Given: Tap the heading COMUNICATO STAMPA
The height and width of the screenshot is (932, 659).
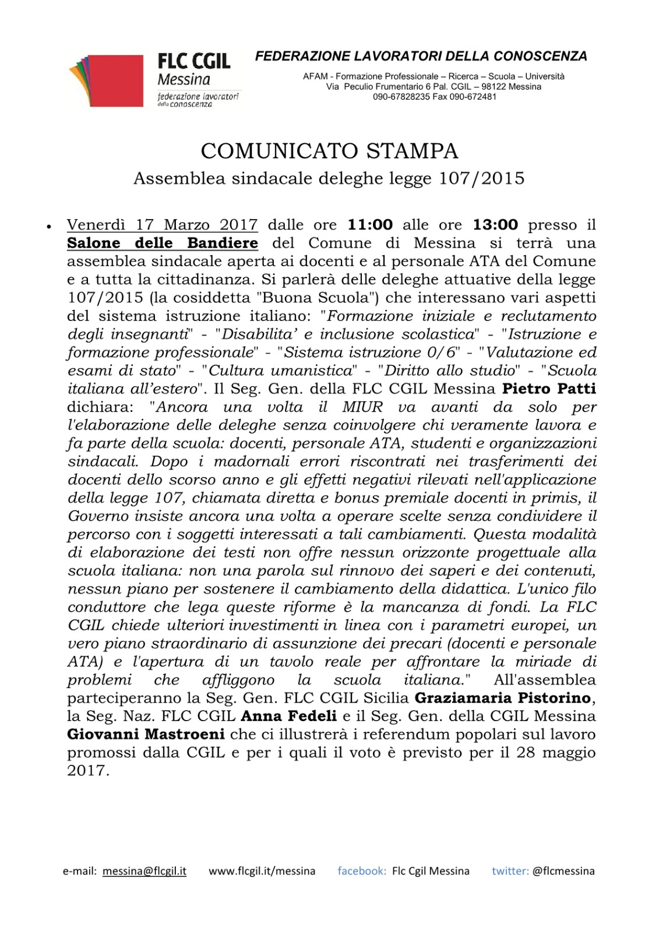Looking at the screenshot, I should tap(329, 151).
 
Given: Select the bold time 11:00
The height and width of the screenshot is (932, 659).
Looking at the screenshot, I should tap(370, 225).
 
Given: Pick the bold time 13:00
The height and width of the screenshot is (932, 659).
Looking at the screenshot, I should tap(495, 225).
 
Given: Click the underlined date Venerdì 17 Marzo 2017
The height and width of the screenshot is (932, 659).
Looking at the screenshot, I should tap(162, 225).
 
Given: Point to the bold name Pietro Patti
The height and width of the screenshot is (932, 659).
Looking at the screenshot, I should tap(549, 389).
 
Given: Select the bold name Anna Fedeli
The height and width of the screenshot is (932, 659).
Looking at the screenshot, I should tap(289, 716).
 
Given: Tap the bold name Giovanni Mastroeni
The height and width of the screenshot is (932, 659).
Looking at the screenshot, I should tap(146, 734).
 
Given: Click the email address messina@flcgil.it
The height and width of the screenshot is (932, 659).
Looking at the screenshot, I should tap(145, 871).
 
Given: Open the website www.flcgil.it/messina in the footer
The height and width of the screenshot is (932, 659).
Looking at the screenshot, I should tap(262, 871).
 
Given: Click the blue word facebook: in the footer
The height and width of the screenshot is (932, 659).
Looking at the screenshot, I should tap(361, 871).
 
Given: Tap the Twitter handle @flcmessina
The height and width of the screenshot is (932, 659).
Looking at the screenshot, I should tap(563, 871).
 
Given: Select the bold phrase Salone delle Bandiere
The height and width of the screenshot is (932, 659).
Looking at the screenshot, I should tap(163, 243).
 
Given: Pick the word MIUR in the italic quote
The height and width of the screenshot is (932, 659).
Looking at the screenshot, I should tap(362, 407).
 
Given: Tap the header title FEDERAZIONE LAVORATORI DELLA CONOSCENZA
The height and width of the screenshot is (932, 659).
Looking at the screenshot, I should tap(421, 57).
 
